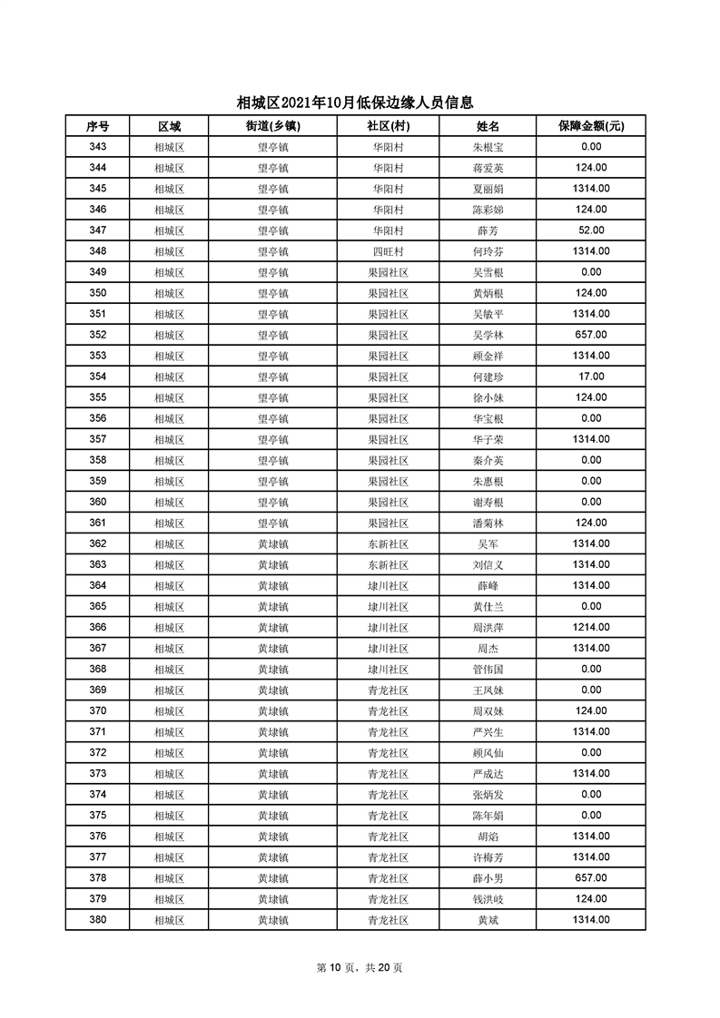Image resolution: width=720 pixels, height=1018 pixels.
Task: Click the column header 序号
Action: coord(97,126)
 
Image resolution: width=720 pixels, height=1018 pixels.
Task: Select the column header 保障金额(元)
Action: coord(591,126)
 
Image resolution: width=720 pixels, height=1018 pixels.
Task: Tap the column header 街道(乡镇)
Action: coord(272,126)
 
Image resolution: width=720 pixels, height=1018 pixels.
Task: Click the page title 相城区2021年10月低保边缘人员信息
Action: coord(355,103)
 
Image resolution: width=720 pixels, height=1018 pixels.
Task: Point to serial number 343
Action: coord(97,147)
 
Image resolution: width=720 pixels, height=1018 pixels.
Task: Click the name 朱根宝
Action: coord(488,147)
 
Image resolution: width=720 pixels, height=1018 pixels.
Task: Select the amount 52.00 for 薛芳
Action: coord(591,230)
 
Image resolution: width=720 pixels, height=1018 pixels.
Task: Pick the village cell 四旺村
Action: coord(388,251)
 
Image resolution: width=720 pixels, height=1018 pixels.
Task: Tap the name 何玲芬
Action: coord(488,251)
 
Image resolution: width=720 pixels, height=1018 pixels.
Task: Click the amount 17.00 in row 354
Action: coord(591,377)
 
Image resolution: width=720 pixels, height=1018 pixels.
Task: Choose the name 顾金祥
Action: coord(488,356)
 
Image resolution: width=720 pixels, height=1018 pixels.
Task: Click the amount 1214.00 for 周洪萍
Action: coord(591,627)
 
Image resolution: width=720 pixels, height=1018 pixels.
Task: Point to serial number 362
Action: coord(97,543)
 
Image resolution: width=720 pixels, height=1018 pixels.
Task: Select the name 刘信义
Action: coord(488,564)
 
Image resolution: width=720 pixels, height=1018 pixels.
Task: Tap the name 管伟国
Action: coord(488,670)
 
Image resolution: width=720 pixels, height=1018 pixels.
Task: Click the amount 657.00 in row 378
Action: coord(591,878)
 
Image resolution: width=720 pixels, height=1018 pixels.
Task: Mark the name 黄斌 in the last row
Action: coord(488,920)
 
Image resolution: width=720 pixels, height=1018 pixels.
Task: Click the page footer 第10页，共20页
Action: coord(360,967)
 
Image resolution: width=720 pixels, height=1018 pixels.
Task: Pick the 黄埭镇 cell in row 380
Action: coord(272,920)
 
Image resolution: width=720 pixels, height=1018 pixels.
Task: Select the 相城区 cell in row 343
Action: coord(169,147)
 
